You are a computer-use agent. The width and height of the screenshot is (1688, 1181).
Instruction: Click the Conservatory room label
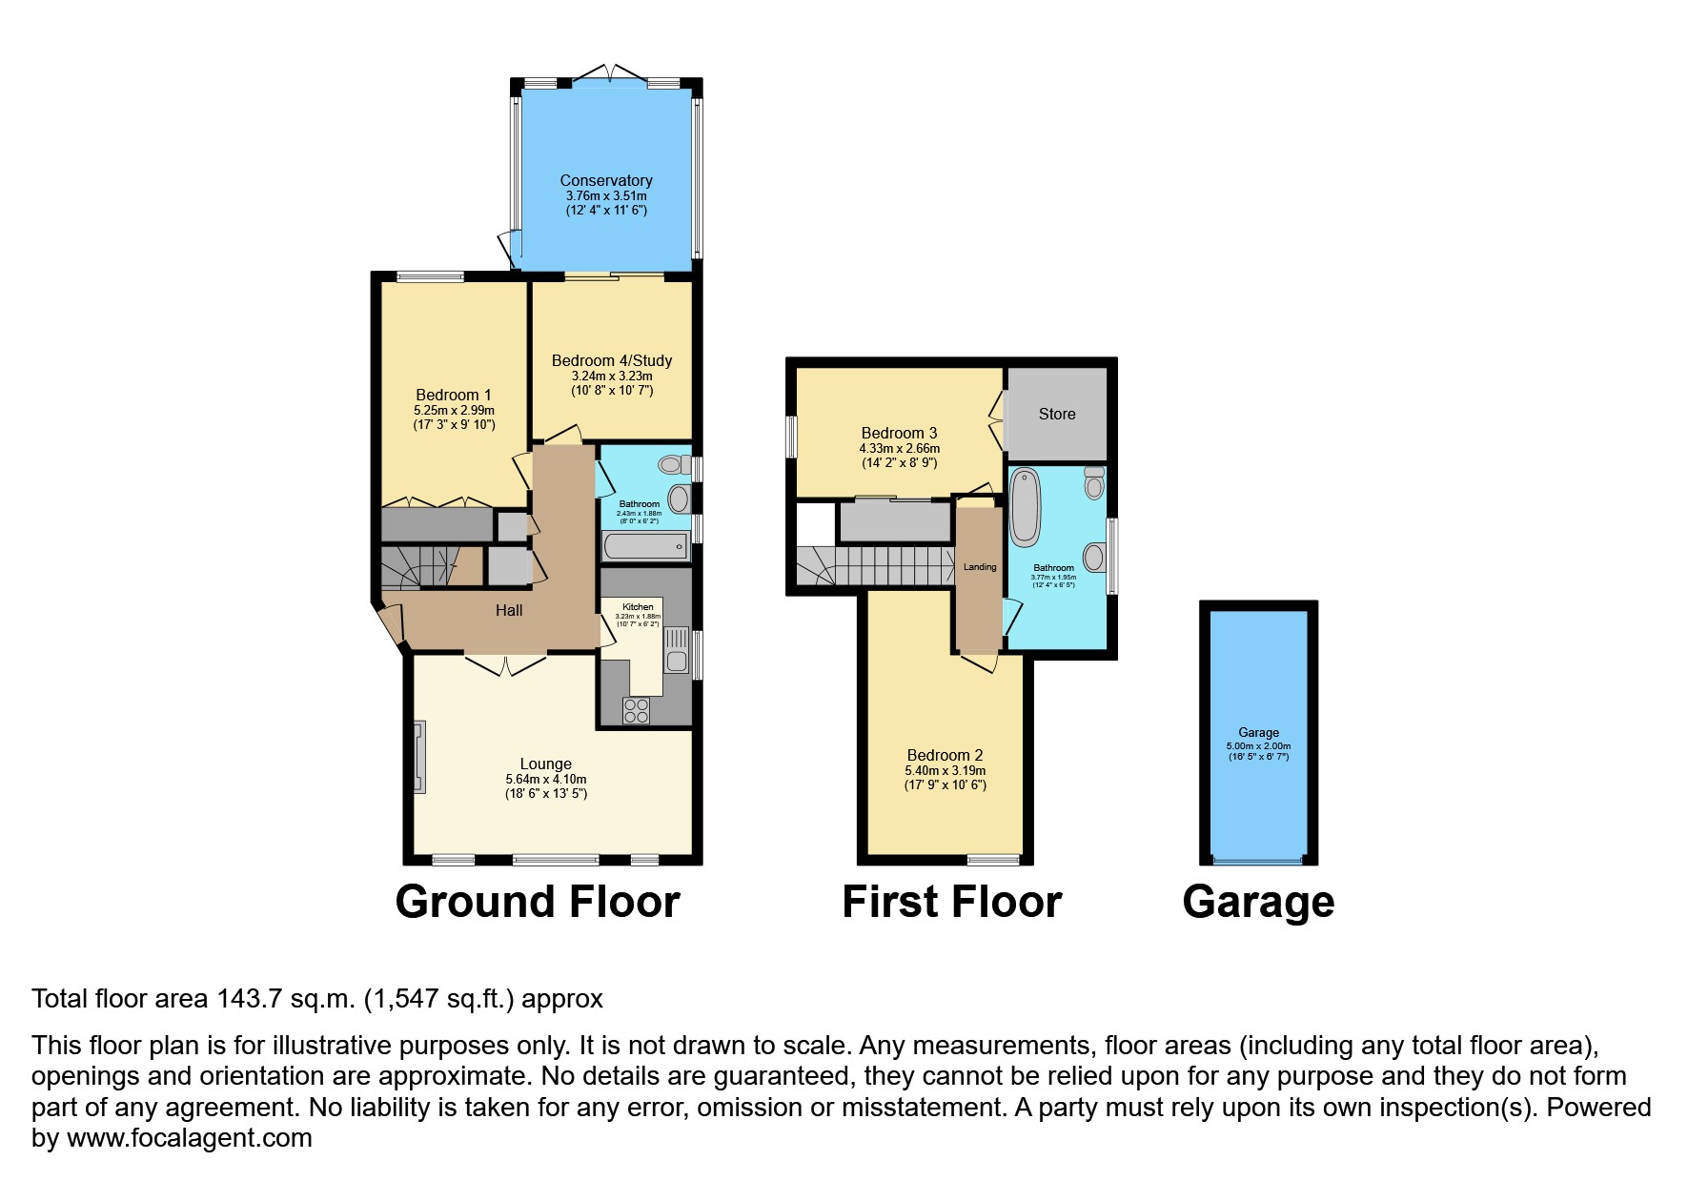(x=606, y=180)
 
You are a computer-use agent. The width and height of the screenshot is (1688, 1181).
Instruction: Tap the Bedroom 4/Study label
(x=612, y=360)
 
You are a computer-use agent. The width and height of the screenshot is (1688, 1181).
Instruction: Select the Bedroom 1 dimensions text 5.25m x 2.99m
(x=454, y=411)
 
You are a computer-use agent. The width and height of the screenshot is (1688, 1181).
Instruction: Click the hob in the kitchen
(x=636, y=710)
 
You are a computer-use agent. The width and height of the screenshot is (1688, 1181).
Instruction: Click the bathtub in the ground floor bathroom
(x=645, y=546)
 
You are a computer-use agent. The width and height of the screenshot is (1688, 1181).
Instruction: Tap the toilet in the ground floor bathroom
(x=672, y=465)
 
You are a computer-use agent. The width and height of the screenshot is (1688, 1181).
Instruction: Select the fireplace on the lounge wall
(x=419, y=757)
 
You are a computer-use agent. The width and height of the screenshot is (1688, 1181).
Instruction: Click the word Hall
(x=509, y=610)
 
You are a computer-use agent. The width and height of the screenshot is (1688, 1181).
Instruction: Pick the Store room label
(x=1057, y=414)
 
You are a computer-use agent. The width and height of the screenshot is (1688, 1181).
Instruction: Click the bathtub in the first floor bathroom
(x=1025, y=505)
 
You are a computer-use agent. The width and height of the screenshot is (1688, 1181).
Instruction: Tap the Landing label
(x=980, y=567)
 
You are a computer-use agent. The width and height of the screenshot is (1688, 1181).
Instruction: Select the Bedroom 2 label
(x=945, y=755)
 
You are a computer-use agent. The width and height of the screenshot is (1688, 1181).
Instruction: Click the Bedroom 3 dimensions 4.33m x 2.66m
(x=899, y=448)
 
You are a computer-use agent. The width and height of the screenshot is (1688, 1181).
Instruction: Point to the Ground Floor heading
(x=538, y=902)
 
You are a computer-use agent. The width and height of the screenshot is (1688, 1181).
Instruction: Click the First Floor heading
(x=951, y=902)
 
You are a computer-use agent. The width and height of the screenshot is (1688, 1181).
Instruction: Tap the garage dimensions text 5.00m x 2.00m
(x=1258, y=746)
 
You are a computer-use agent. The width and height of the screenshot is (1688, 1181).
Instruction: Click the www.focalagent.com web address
(x=190, y=1138)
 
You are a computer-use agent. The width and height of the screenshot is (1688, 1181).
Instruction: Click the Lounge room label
(x=545, y=764)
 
